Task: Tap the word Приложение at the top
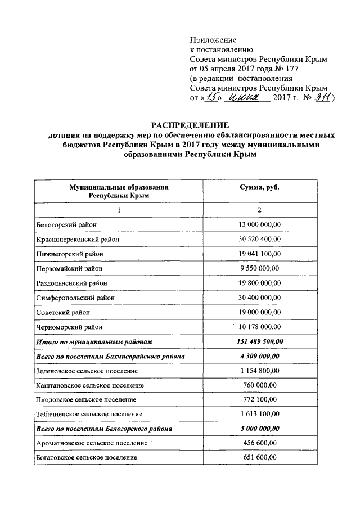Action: (213, 40)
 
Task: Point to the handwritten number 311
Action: (322, 98)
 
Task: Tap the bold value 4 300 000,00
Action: (260, 356)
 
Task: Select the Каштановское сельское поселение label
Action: (89, 385)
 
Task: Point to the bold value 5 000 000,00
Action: (260, 429)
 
